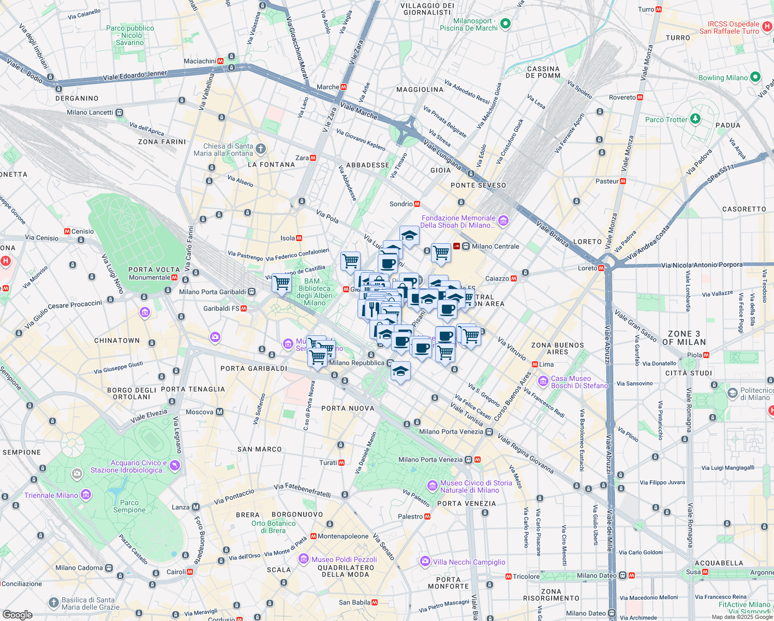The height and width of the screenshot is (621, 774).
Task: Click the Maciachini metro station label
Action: tap(200, 61)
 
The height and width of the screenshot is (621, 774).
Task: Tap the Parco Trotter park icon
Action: tap(695, 119)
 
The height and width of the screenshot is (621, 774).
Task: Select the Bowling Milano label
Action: tap(723, 78)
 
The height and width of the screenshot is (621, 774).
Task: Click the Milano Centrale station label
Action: tap(495, 246)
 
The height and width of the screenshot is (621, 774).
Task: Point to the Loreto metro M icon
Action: tap(601, 268)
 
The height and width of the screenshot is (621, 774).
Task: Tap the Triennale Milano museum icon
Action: tap(85, 495)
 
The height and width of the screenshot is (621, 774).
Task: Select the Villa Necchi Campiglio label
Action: tap(469, 562)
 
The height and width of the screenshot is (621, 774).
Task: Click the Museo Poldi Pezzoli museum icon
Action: tap(304, 559)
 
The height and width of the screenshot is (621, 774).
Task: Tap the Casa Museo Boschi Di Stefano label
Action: tap(579, 382)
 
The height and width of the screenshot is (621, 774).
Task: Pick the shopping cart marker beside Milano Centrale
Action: tap(441, 253)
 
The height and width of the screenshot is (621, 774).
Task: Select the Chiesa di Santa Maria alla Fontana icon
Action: tap(261, 149)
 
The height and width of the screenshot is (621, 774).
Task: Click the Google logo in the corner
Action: tap(17, 614)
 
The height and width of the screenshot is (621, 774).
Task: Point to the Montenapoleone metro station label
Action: tap(343, 536)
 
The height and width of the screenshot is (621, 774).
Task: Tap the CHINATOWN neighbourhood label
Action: tap(117, 341)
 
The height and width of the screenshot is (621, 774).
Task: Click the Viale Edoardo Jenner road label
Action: tap(135, 76)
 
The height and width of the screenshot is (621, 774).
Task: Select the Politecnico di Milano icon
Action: tap(732, 393)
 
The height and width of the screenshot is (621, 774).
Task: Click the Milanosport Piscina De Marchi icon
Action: tap(505, 24)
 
